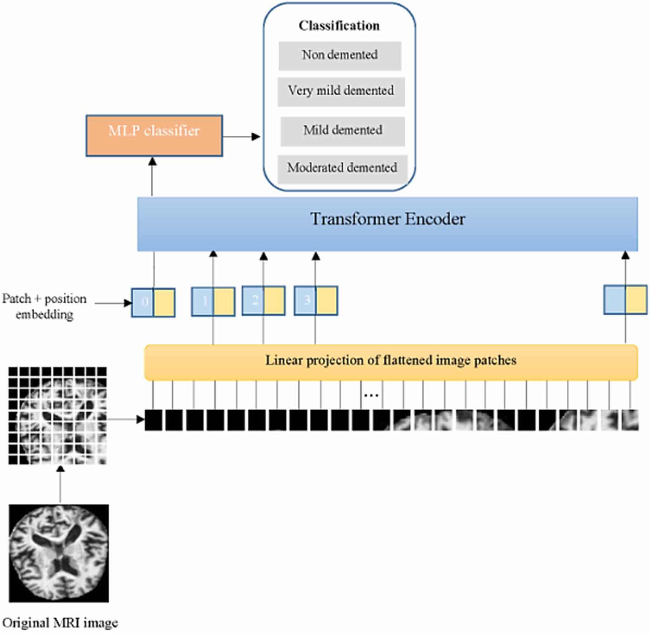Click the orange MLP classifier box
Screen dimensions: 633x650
click(x=154, y=135)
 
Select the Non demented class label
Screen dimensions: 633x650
click(x=340, y=55)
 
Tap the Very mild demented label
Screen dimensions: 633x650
click(x=341, y=91)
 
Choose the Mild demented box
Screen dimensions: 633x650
click(x=343, y=131)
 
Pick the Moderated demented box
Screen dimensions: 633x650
click(x=342, y=168)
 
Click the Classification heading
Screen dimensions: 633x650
click(x=339, y=26)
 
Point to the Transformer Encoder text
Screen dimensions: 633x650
click(x=387, y=219)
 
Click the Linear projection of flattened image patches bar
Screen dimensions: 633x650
click(x=391, y=361)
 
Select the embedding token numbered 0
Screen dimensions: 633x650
click(x=153, y=302)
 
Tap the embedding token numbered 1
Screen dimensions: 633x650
click(x=213, y=301)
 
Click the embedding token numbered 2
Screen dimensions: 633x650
click(x=263, y=300)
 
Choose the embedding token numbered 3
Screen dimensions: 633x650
click(x=316, y=300)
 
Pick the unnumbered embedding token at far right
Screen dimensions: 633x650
click(x=625, y=299)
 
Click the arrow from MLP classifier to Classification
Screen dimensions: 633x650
click(x=241, y=136)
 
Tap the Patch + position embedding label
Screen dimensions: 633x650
click(x=44, y=306)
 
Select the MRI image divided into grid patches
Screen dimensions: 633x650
click(x=58, y=415)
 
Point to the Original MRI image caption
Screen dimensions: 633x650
click(x=60, y=622)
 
